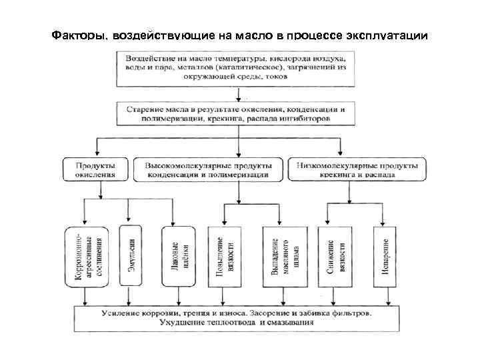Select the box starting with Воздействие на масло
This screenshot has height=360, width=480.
239,67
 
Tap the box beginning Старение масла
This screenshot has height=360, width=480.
239,112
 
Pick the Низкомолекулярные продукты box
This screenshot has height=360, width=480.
357,169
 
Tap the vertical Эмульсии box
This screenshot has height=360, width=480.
131,256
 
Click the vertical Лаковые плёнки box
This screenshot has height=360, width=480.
177,256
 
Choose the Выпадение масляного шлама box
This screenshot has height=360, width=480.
279,256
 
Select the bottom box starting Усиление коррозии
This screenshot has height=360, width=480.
239,317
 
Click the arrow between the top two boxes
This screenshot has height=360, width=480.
239,93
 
